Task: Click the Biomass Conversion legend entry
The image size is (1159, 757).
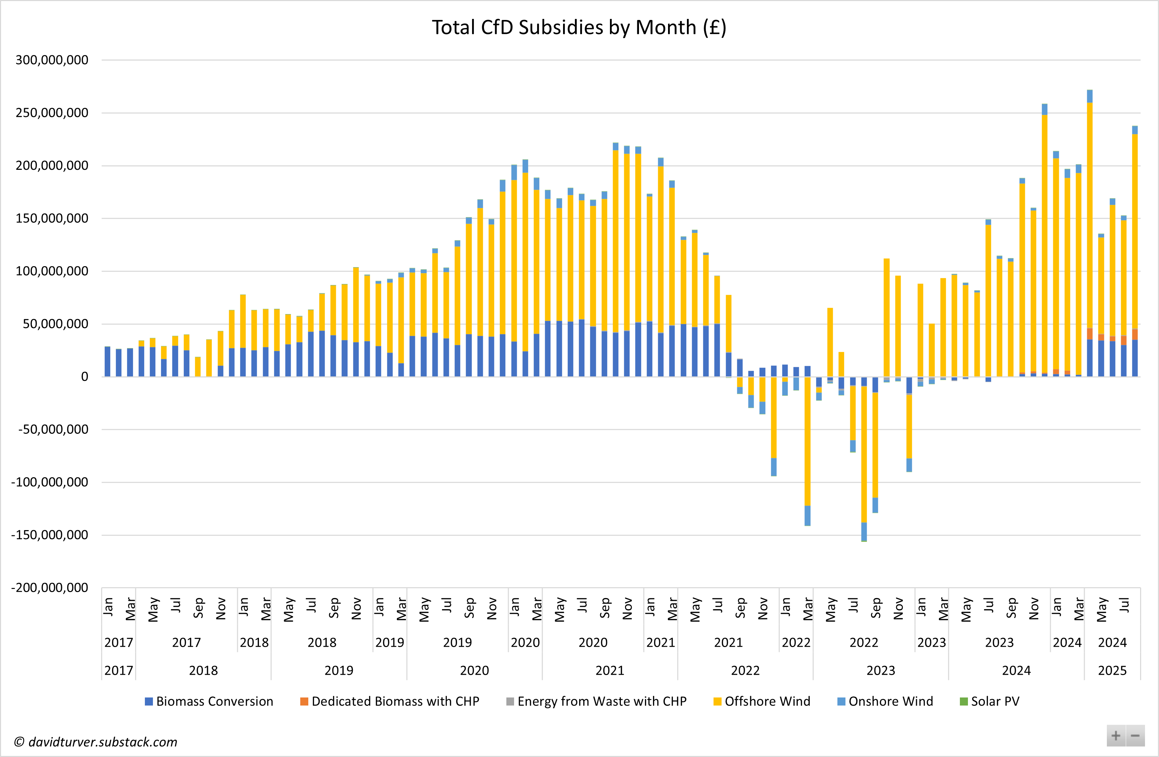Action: tap(209, 701)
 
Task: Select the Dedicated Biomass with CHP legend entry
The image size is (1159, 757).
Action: tap(389, 701)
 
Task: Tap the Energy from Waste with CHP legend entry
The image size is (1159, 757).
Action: tap(597, 701)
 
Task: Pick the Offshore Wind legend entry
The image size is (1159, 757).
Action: tap(762, 701)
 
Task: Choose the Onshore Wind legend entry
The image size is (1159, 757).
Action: tap(885, 701)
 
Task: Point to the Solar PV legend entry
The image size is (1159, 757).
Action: tap(990, 701)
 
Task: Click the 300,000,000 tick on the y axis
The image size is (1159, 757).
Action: tap(52, 60)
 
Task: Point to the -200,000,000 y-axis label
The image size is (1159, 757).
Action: tap(50, 588)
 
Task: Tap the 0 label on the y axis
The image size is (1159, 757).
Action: tap(85, 376)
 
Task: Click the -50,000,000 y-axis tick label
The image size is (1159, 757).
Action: tap(53, 429)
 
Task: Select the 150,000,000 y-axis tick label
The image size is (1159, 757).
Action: tap(52, 218)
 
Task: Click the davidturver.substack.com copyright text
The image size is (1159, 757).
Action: tap(96, 742)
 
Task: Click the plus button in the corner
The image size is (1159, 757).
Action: tap(1116, 736)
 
